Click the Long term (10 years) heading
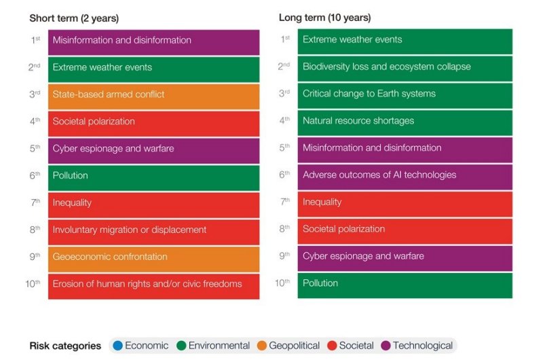(325, 18)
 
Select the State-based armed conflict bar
(153, 95)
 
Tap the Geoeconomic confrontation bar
(153, 257)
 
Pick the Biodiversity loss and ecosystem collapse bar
(405, 67)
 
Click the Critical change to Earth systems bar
(405, 94)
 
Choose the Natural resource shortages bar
(405, 121)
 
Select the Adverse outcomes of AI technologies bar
(405, 175)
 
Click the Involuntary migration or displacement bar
(153, 230)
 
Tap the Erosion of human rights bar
(153, 285)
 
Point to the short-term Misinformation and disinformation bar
(153, 41)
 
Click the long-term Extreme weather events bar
(405, 40)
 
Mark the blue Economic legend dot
(118, 346)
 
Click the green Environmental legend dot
(181, 346)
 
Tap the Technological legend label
(422, 346)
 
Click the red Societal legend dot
(332, 346)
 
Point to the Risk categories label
(65, 346)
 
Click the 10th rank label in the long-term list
(283, 283)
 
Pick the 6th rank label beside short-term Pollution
(35, 176)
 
